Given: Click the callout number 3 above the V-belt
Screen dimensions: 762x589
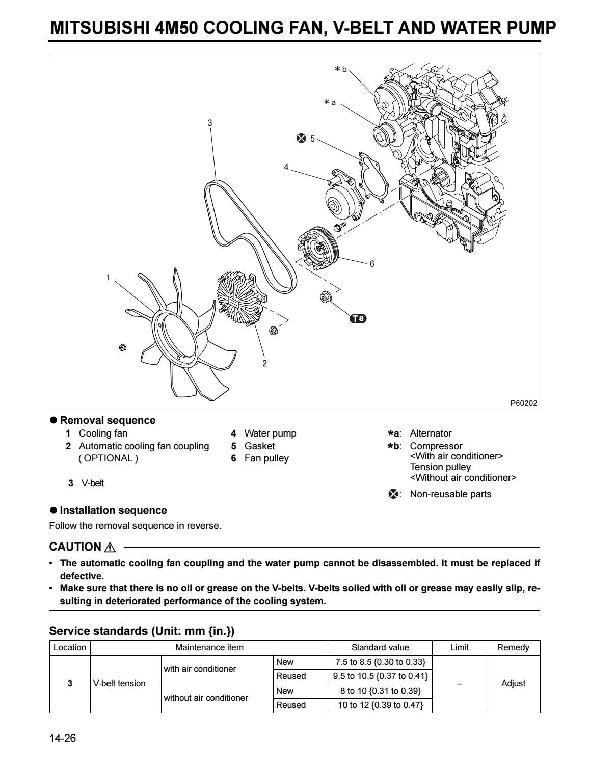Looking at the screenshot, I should tap(210, 123).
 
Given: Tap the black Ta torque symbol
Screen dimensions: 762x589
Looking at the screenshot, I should tap(358, 319).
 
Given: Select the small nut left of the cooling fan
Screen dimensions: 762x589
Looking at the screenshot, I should tap(122, 347).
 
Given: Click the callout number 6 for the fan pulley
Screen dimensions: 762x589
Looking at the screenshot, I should tap(372, 264).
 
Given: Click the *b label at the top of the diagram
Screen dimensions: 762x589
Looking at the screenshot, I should tap(341, 69).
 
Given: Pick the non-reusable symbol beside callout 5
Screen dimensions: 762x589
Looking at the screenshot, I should tap(301, 138).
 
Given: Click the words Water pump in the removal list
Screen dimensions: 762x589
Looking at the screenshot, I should tap(270, 433).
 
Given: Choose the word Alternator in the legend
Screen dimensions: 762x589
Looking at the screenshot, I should tap(431, 433).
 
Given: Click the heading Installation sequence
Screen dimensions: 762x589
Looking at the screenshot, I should tap(113, 510).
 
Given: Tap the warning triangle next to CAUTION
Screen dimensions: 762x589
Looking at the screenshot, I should tap(110, 548).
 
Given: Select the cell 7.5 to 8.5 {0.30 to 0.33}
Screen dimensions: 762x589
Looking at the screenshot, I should tap(380, 662).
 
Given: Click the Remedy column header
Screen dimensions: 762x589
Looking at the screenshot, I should tap(513, 648).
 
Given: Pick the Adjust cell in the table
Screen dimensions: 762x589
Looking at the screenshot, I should tap(513, 683).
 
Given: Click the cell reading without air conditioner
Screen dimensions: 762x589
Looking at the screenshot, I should tap(205, 698).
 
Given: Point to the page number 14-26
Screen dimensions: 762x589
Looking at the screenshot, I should tap(63, 738).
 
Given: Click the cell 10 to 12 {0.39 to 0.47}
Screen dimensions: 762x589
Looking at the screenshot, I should tap(380, 705).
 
